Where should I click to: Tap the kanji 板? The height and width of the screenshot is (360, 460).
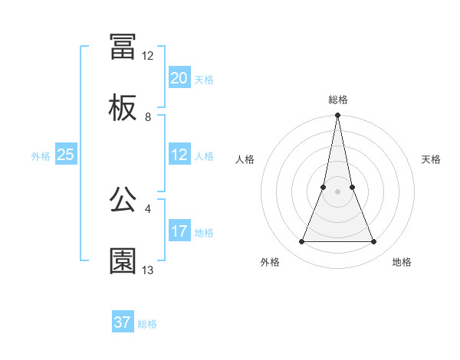pyautogui.click(x=123, y=109)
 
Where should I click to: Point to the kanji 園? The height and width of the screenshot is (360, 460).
pyautogui.click(x=123, y=261)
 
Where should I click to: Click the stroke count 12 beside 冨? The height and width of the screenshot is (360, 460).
pyautogui.click(x=148, y=55)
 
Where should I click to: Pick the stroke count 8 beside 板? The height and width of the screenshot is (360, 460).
pyautogui.click(x=148, y=117)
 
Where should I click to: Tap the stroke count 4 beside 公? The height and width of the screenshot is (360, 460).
pyautogui.click(x=148, y=208)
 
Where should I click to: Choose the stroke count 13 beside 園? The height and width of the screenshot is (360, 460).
pyautogui.click(x=148, y=270)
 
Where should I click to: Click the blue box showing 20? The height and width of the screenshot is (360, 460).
pyautogui.click(x=179, y=78)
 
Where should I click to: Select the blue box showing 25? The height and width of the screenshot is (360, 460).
pyautogui.click(x=66, y=155)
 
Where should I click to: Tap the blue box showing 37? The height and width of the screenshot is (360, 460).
pyautogui.click(x=123, y=322)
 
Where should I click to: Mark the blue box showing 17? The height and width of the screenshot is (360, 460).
pyautogui.click(x=179, y=231)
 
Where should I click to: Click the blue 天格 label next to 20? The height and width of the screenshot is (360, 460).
pyautogui.click(x=204, y=80)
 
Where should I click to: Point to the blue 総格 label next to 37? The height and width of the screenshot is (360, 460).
pyautogui.click(x=147, y=324)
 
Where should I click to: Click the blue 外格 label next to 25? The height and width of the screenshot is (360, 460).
pyautogui.click(x=41, y=156)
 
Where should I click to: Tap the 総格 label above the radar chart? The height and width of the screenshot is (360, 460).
pyautogui.click(x=338, y=100)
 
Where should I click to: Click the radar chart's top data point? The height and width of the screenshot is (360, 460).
pyautogui.click(x=338, y=116)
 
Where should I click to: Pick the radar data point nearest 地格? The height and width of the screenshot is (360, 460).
pyautogui.click(x=374, y=242)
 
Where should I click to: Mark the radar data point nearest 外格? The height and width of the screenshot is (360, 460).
pyautogui.click(x=302, y=242)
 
